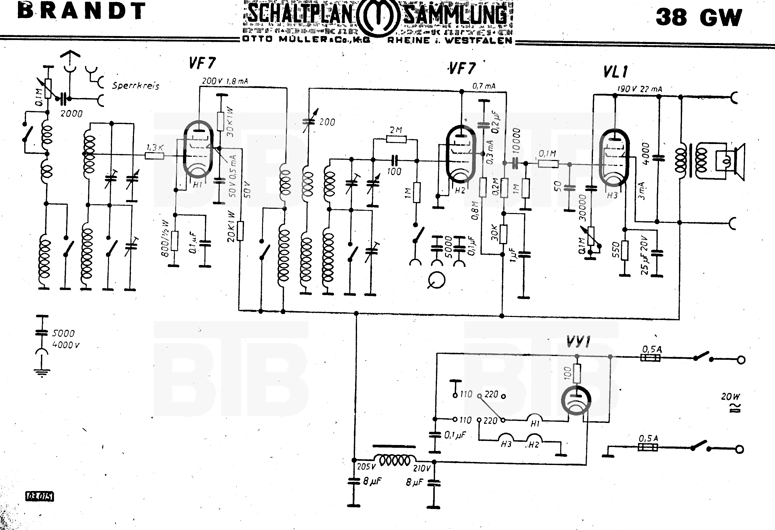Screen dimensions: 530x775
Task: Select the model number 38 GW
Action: [699, 17]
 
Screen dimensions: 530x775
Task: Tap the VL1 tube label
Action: [615, 72]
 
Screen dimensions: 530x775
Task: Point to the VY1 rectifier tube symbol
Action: [576, 400]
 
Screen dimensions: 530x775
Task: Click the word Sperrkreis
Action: [135, 86]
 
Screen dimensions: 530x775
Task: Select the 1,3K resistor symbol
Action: [154, 156]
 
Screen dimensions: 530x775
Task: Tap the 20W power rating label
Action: [730, 396]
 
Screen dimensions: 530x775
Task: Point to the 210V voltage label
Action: [422, 468]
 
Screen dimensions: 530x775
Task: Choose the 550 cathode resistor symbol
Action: [624, 250]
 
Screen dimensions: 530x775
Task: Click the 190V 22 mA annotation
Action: [639, 89]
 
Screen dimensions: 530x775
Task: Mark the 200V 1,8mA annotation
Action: [225, 81]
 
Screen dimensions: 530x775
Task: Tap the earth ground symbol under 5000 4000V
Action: [42, 371]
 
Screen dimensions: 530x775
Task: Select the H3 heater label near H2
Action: [506, 444]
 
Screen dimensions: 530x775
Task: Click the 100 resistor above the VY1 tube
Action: [577, 373]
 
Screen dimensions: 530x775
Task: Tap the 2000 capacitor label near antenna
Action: [71, 114]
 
